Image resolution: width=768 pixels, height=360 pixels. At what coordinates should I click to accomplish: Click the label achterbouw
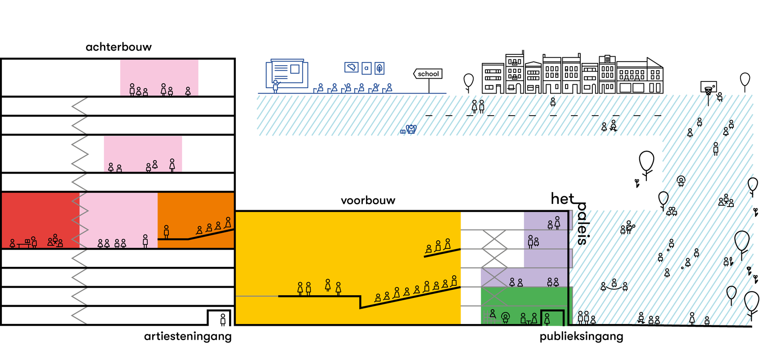click(118, 47)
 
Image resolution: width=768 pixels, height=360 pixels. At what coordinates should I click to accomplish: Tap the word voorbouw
click(368, 200)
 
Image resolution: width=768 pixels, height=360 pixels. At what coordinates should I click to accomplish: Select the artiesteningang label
click(188, 336)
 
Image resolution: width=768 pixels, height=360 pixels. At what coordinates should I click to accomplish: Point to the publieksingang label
click(581, 336)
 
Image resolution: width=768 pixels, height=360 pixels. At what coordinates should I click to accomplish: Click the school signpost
click(428, 74)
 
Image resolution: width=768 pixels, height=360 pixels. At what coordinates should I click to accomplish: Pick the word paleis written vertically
click(582, 223)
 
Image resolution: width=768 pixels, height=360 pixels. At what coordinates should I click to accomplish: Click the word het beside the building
click(562, 198)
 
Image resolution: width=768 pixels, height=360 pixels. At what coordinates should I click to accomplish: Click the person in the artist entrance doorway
click(223, 319)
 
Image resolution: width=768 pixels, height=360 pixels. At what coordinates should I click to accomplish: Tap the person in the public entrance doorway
click(547, 319)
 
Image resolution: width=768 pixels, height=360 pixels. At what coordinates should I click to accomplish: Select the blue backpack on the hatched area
click(411, 130)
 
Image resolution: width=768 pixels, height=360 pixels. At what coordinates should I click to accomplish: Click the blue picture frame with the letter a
click(366, 68)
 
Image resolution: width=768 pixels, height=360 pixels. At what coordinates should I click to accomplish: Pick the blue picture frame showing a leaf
click(379, 68)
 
